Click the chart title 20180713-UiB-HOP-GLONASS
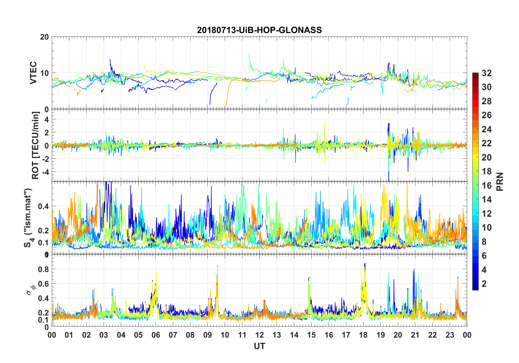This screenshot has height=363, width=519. point(259,30)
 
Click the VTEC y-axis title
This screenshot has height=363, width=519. point(33,73)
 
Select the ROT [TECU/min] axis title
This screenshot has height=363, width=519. point(35,145)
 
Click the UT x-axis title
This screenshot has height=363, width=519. point(259,346)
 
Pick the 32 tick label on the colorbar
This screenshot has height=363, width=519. point(487,73)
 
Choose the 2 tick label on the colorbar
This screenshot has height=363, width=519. point(484,284)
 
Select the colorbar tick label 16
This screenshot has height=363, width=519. point(487,186)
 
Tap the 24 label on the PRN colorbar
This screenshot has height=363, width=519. point(487,129)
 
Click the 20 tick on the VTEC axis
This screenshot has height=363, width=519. point(44,37)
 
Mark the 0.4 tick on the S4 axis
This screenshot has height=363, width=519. point(43,206)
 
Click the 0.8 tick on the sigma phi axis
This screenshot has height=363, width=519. point(43,269)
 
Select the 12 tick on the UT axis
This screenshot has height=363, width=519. point(259,335)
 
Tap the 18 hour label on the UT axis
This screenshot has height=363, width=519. point(363,335)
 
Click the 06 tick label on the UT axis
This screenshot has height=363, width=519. point(156,335)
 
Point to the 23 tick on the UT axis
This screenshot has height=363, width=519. point(450,335)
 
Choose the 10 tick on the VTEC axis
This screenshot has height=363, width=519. point(44,73)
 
